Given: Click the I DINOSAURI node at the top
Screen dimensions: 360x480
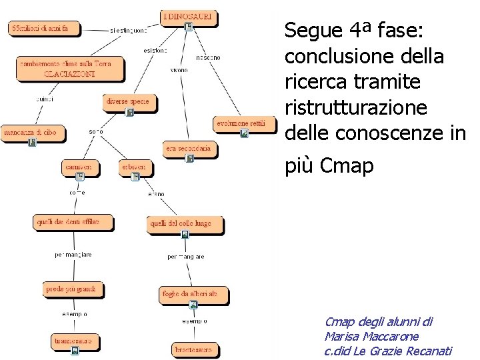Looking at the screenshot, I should click(189, 16).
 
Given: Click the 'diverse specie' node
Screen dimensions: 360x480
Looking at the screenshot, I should click(127, 102).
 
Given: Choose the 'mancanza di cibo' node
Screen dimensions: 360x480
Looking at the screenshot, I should click(30, 133).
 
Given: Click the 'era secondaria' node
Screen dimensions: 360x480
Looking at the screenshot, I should click(189, 148).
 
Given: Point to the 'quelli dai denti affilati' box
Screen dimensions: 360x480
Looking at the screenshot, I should click(73, 222).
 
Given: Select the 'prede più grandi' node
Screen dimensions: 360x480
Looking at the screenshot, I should click(71, 289).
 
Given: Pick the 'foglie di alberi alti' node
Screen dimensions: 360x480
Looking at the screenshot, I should click(193, 293).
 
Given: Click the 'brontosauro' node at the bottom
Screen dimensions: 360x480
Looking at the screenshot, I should click(193, 349).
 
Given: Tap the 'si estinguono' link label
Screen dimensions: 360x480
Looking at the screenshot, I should click(129, 30).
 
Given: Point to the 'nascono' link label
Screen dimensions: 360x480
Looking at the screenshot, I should click(208, 58).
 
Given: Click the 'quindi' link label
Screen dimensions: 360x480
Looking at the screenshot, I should click(45, 99).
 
